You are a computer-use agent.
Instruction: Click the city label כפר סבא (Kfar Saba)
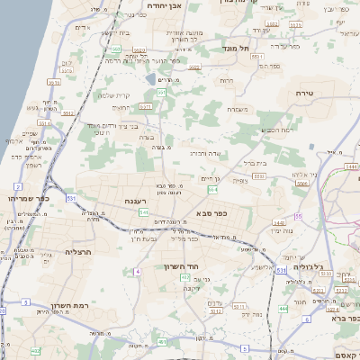(211, 213)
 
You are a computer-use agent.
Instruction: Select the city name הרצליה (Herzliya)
(79, 253)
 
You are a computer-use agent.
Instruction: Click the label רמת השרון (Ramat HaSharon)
(67, 304)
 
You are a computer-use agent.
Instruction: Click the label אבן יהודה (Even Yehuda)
(166, 5)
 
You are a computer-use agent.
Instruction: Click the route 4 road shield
(138, 271)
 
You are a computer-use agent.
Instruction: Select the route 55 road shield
(297, 216)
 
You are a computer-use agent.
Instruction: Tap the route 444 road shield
(283, 309)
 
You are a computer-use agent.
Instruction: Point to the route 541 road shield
(143, 212)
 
